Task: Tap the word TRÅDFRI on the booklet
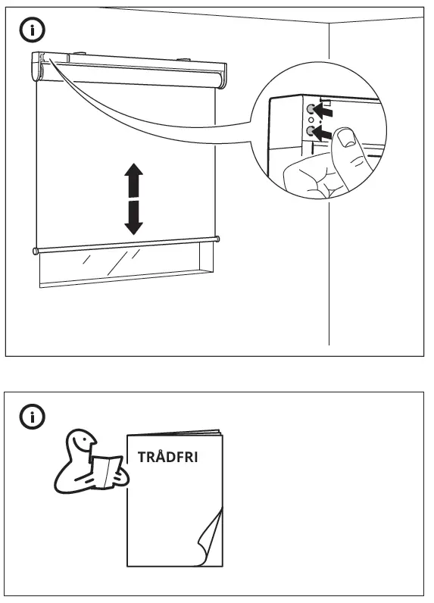coord(172,458)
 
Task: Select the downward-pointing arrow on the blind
coord(134,217)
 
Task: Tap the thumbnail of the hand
coord(347,138)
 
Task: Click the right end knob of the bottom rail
coord(217,239)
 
